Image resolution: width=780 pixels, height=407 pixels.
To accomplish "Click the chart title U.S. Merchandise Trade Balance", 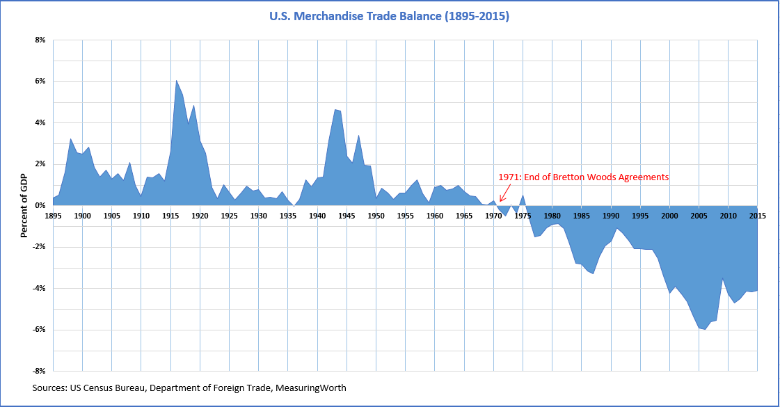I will (390, 15).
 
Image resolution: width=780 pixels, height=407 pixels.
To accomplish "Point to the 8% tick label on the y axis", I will (39, 40).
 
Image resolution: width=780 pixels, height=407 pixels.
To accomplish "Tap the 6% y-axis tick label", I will (39, 81).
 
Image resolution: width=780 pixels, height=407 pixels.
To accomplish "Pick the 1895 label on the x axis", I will (53, 216).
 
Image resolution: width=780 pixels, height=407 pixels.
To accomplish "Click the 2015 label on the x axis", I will (758, 216).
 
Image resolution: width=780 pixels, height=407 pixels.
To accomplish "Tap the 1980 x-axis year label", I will (552, 216).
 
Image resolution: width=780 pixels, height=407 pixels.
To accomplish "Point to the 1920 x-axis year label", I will (200, 216).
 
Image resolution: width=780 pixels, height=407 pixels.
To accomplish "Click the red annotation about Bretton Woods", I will (583, 177).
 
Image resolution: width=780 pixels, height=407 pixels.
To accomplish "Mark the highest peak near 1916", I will (176, 81).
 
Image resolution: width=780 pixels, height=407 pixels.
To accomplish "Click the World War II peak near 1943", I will (335, 110).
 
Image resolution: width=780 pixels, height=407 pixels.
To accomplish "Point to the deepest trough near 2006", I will (705, 329).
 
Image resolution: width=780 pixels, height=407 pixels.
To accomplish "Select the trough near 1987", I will (593, 273).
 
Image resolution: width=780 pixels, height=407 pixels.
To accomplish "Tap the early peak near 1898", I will (70, 138).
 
